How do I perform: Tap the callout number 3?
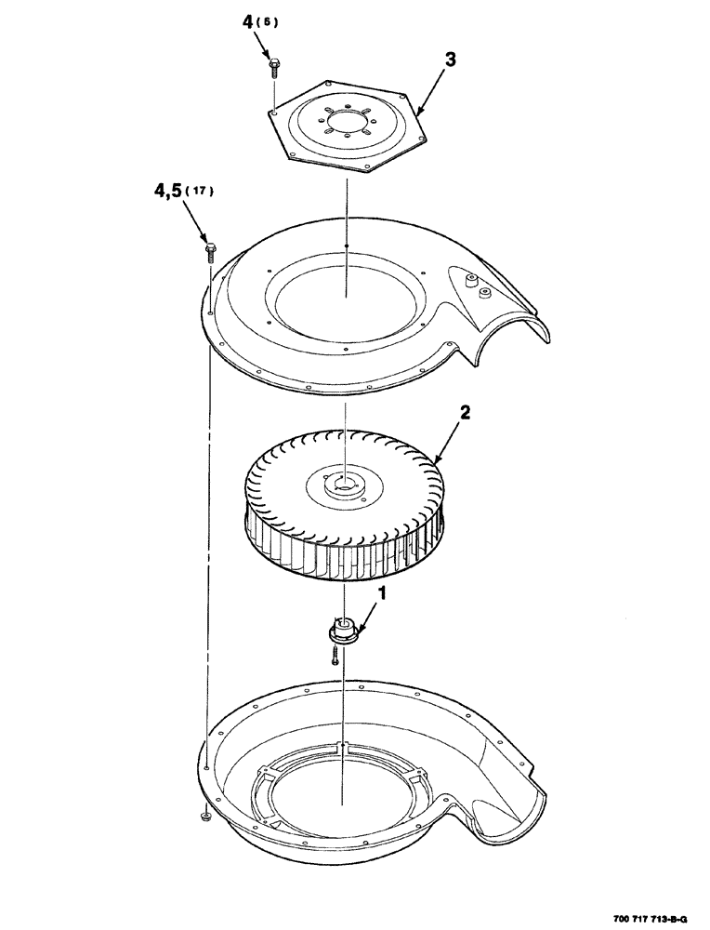(450, 60)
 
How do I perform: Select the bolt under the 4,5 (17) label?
(210, 248)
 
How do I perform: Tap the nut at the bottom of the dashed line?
(204, 817)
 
